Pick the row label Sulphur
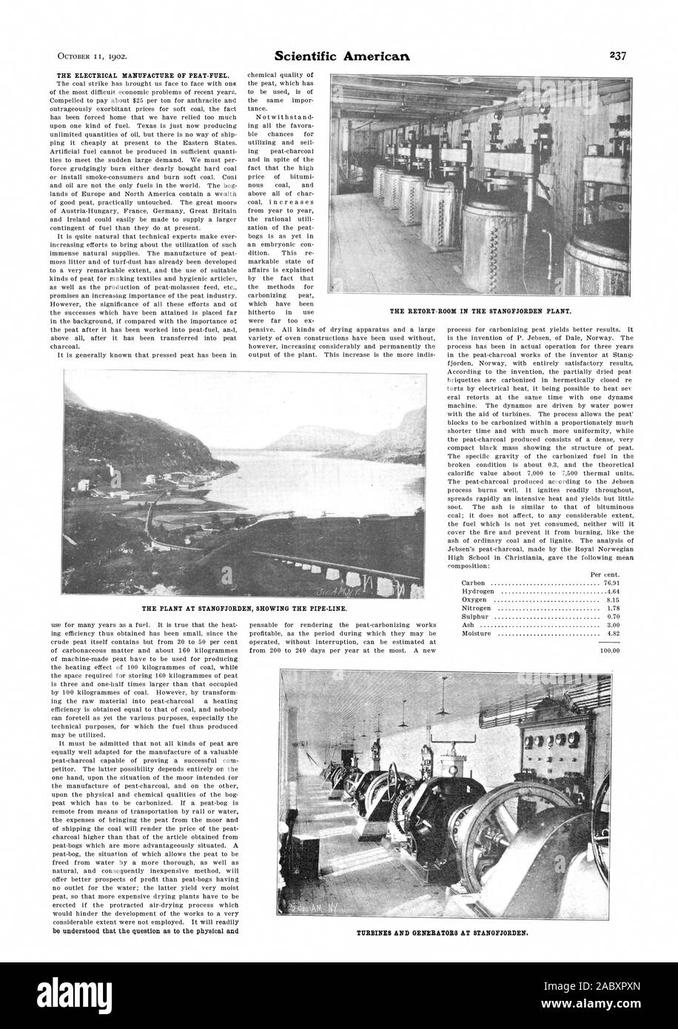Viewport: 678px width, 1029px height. pyautogui.click(x=466, y=600)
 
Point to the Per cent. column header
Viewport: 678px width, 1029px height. pyautogui.click(x=604, y=552)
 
